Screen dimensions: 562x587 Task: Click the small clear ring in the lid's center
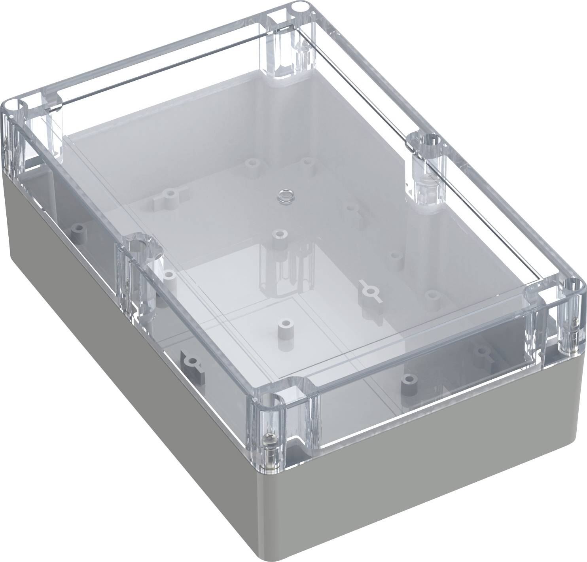tap(283, 195)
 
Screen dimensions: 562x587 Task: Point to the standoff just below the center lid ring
tap(280, 235)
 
